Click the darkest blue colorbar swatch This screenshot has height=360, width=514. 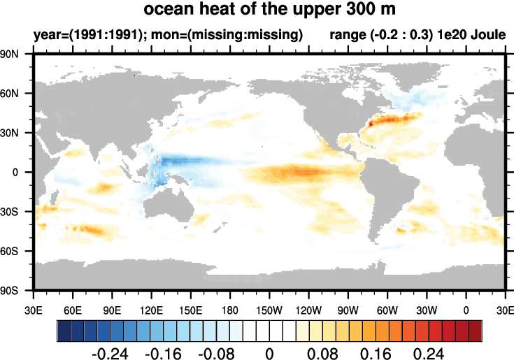[x=63, y=329]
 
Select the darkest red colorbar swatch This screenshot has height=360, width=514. [x=476, y=329]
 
